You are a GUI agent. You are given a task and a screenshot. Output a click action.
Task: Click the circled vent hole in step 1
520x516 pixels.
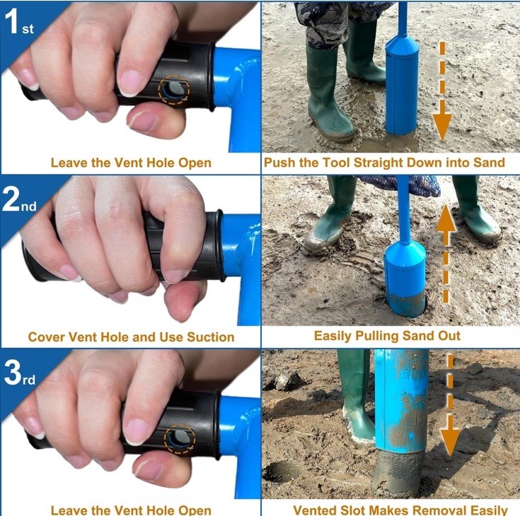[x=173, y=90]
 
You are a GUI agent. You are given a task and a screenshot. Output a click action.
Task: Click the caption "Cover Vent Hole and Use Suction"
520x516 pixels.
[x=131, y=336]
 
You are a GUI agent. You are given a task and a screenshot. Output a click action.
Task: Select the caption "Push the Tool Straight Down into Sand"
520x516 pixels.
[x=384, y=163]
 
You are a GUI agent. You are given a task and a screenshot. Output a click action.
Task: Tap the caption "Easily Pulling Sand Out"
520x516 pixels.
[x=387, y=336]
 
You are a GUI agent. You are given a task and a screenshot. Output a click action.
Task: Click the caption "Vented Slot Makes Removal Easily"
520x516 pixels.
[x=400, y=510]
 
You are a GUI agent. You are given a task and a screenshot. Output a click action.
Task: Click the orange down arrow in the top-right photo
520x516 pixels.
[x=442, y=92]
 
